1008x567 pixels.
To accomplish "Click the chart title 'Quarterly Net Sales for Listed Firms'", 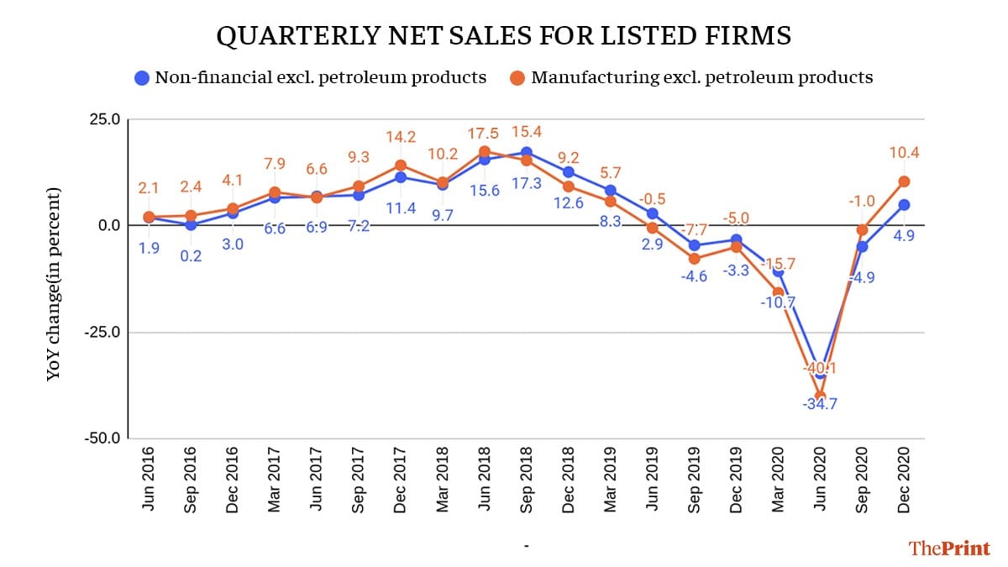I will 504,35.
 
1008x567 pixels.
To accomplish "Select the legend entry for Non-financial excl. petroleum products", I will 311,78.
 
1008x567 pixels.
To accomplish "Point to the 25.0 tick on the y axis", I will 104,118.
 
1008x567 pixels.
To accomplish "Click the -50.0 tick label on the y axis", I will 102,438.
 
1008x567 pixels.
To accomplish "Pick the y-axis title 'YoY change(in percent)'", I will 54,284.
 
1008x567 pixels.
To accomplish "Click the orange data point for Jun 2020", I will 820,396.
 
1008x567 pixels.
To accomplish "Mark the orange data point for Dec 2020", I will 904,181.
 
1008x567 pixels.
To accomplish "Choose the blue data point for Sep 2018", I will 527,152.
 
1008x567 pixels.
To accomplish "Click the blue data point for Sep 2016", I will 191,224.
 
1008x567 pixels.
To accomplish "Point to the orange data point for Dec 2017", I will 401,165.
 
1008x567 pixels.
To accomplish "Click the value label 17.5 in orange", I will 485,133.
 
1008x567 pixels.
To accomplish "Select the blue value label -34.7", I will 820,404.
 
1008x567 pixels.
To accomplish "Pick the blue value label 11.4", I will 401,207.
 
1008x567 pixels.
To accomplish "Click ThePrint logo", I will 948,548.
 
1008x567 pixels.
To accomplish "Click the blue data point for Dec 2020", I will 904,205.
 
